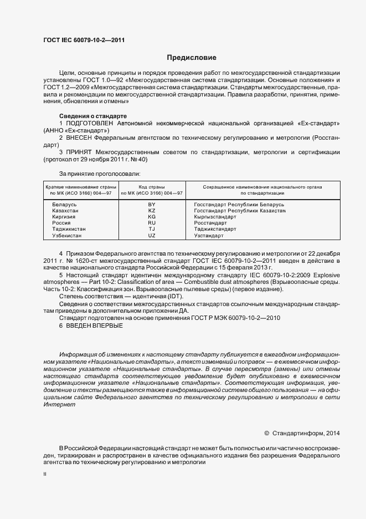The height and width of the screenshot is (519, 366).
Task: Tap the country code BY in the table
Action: coord(152,205)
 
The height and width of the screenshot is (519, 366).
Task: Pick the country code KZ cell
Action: coord(152,211)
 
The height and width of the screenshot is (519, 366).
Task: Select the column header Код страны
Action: coord(152,187)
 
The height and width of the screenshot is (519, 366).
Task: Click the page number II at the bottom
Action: coord(45,475)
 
